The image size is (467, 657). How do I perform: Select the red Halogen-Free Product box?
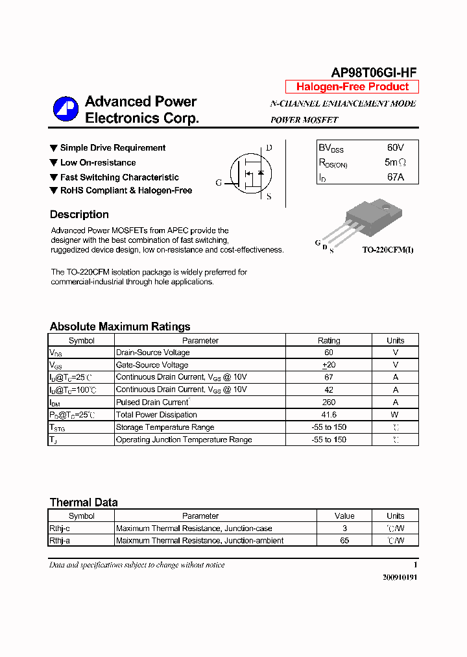click(352, 87)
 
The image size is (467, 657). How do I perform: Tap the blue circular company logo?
click(66, 109)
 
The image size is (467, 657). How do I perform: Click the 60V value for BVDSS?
click(395, 148)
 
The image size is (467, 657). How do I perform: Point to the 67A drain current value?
click(395, 177)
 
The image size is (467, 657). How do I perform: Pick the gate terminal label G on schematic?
click(219, 183)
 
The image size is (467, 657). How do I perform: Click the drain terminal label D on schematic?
click(269, 148)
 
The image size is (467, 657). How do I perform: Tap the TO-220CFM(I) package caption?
click(387, 250)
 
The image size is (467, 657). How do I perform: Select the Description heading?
click(79, 215)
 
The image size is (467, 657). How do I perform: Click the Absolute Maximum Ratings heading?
click(120, 327)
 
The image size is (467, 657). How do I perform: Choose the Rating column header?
click(329, 340)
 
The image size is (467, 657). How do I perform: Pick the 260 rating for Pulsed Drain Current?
click(329, 403)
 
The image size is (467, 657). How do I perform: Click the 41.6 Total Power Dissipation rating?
click(329, 415)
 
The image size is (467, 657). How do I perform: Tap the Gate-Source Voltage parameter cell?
click(152, 365)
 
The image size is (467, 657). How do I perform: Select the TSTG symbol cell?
click(58, 428)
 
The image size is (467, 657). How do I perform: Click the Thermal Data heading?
click(84, 502)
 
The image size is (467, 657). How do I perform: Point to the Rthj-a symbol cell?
click(59, 541)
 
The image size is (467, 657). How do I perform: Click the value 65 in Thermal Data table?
click(344, 541)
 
